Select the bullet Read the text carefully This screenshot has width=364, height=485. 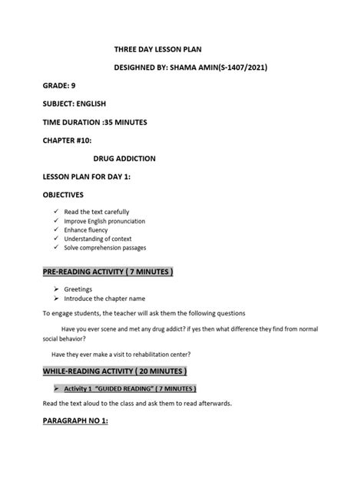[96, 212]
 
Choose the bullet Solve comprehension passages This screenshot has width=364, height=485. [104, 248]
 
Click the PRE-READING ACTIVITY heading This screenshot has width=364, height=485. [108, 273]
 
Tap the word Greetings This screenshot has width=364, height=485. [78, 289]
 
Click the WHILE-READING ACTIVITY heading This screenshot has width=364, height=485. [114, 371]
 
